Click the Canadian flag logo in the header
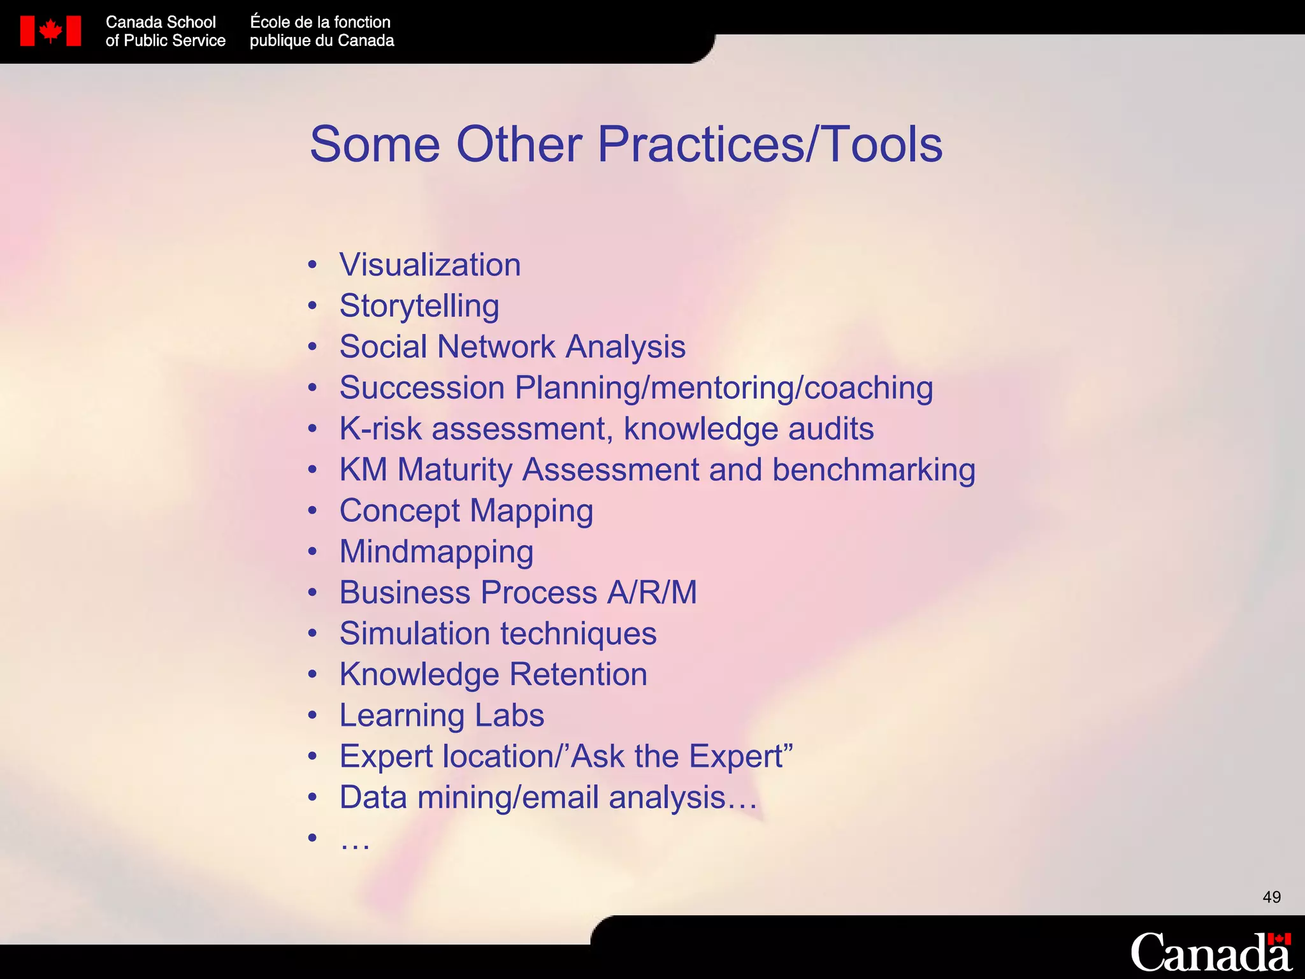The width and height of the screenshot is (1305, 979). [50, 31]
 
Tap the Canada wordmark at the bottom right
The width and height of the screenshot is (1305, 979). [1210, 952]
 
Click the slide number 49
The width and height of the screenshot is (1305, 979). [1271, 897]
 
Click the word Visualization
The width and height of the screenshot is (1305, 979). [430, 265]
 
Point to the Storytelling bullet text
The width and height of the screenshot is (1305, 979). [419, 307]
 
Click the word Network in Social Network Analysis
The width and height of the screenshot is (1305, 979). [496, 347]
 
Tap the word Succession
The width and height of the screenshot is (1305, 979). [422, 388]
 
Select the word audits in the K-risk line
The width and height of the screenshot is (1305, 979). [830, 429]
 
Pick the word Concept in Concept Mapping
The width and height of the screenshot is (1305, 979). [400, 511]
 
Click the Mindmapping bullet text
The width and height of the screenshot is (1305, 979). [436, 553]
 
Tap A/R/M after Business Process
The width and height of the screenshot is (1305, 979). [652, 593]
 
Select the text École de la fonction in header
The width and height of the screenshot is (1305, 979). [320, 22]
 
